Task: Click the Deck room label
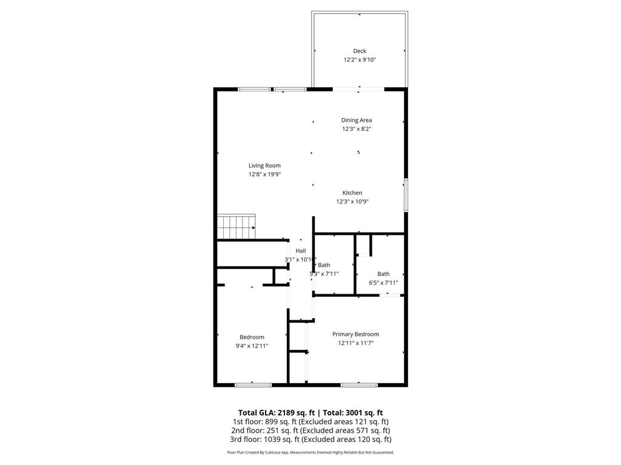[x=360, y=51]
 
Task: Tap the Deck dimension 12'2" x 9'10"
[x=360, y=60]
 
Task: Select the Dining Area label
[x=356, y=120]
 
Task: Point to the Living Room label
[x=264, y=165]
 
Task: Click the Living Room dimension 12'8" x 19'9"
[x=264, y=174]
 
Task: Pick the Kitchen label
[x=352, y=193]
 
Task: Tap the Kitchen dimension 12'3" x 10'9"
[x=352, y=202]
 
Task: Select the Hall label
[x=301, y=251]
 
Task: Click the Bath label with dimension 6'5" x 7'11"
[x=383, y=274]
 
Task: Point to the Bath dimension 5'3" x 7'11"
[x=324, y=274]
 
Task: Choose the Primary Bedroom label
[x=355, y=334]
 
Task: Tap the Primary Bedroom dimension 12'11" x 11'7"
[x=355, y=343]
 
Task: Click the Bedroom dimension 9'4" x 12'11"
[x=252, y=346]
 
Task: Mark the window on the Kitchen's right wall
[x=406, y=195]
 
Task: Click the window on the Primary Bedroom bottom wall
[x=359, y=384]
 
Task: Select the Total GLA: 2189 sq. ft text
[x=276, y=412]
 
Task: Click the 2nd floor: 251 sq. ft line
[x=310, y=430]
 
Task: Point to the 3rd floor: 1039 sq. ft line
[x=310, y=440]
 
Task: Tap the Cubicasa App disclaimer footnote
[x=310, y=452]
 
